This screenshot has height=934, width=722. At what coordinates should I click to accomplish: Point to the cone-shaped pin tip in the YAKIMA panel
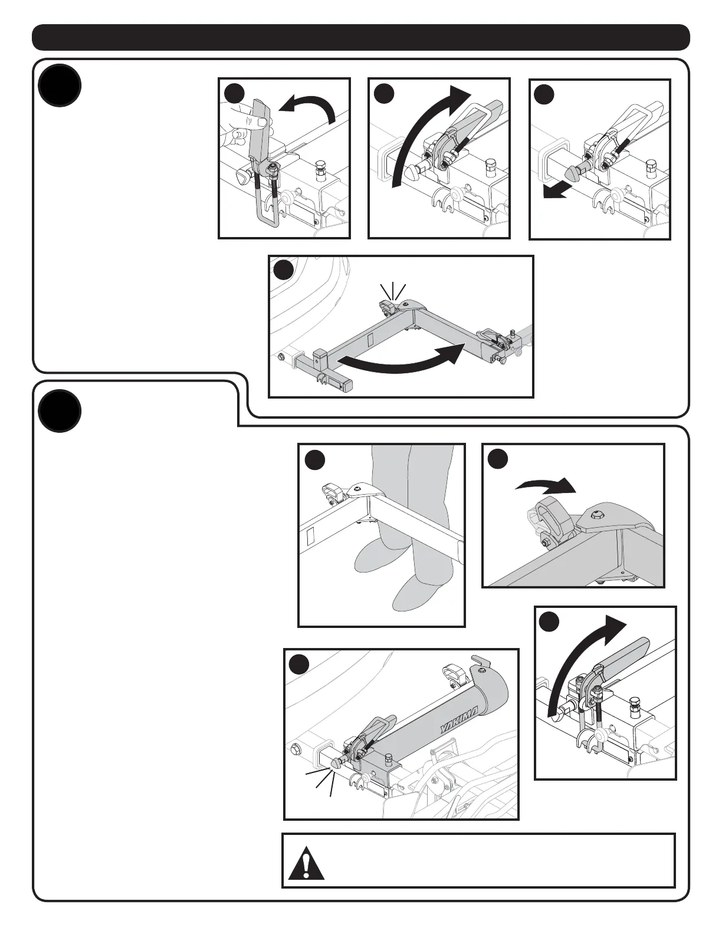[337, 762]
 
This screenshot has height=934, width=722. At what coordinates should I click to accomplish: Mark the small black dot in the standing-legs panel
[315, 460]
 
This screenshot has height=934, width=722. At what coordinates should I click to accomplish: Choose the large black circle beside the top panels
[59, 85]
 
